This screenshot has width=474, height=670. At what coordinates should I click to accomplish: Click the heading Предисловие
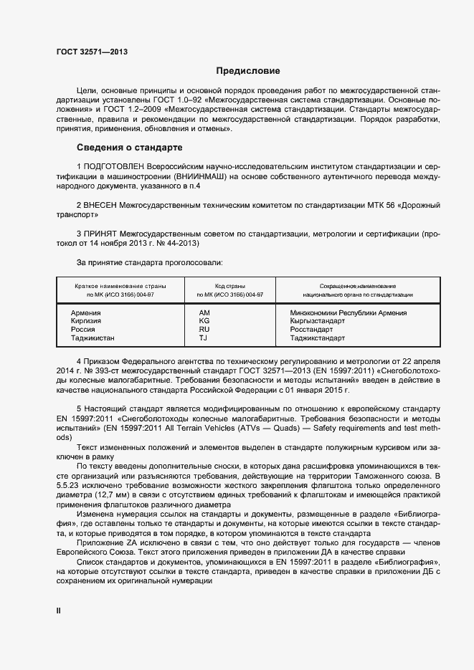click(x=249, y=71)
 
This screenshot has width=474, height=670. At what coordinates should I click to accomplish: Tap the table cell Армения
click(x=85, y=313)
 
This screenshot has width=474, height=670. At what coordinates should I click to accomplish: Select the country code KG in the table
click(x=204, y=321)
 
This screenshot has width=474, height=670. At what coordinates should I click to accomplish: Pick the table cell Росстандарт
click(x=311, y=330)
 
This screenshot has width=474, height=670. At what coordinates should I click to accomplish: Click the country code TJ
click(x=203, y=338)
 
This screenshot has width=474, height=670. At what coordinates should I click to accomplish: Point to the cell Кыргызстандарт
click(x=318, y=321)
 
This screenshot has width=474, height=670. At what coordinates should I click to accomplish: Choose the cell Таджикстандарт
click(x=318, y=338)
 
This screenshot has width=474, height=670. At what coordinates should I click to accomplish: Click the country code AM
click(x=204, y=313)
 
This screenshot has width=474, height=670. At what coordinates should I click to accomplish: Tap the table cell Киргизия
click(x=86, y=321)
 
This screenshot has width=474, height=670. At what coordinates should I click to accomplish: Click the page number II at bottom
click(x=60, y=610)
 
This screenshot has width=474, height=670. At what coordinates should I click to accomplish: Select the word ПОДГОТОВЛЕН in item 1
click(x=113, y=166)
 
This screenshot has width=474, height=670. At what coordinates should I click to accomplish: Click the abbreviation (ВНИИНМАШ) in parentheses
click(x=187, y=176)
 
